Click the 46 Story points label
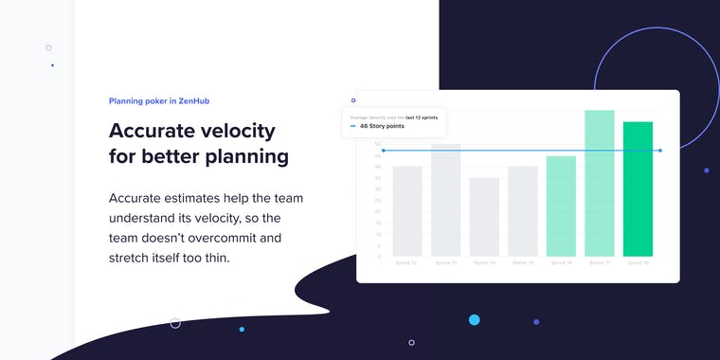click(x=383, y=125)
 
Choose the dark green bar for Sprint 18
click(x=638, y=189)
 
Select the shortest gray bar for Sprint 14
click(x=484, y=217)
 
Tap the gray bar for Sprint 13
click(x=445, y=200)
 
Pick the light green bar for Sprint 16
click(x=561, y=207)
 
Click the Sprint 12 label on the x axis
click(x=406, y=262)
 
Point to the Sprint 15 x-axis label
click(x=522, y=262)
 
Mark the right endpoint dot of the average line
click(x=660, y=151)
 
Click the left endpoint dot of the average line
click(x=383, y=151)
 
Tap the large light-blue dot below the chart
click(x=474, y=320)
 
